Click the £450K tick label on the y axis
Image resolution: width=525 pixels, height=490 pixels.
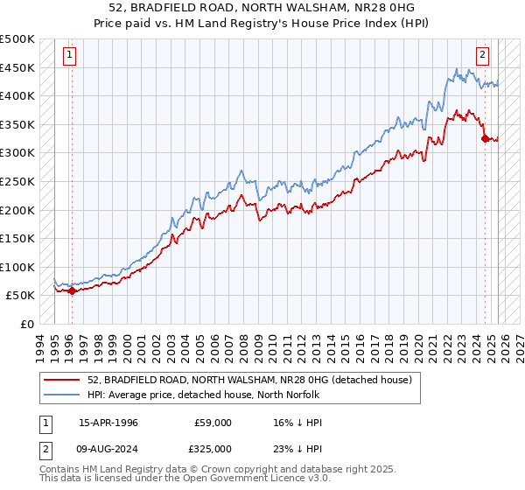pos(17,67)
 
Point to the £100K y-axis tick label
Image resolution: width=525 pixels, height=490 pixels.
pos(17,267)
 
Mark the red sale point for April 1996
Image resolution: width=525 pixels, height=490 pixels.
pos(72,290)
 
